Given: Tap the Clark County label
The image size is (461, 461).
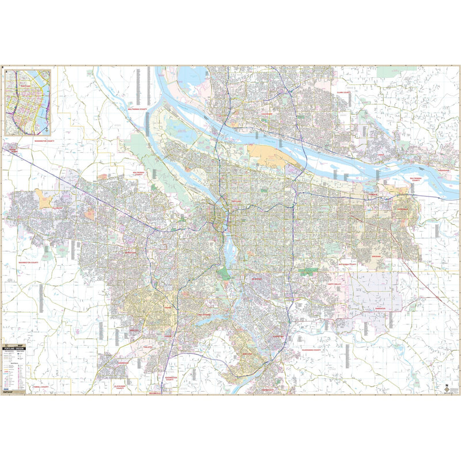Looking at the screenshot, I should pos(344,91).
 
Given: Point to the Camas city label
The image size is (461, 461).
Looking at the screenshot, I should pos(381,155).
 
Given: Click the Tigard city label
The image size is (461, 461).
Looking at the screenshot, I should pos(167,308).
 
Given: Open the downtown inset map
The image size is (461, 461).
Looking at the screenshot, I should pos(27,102).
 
